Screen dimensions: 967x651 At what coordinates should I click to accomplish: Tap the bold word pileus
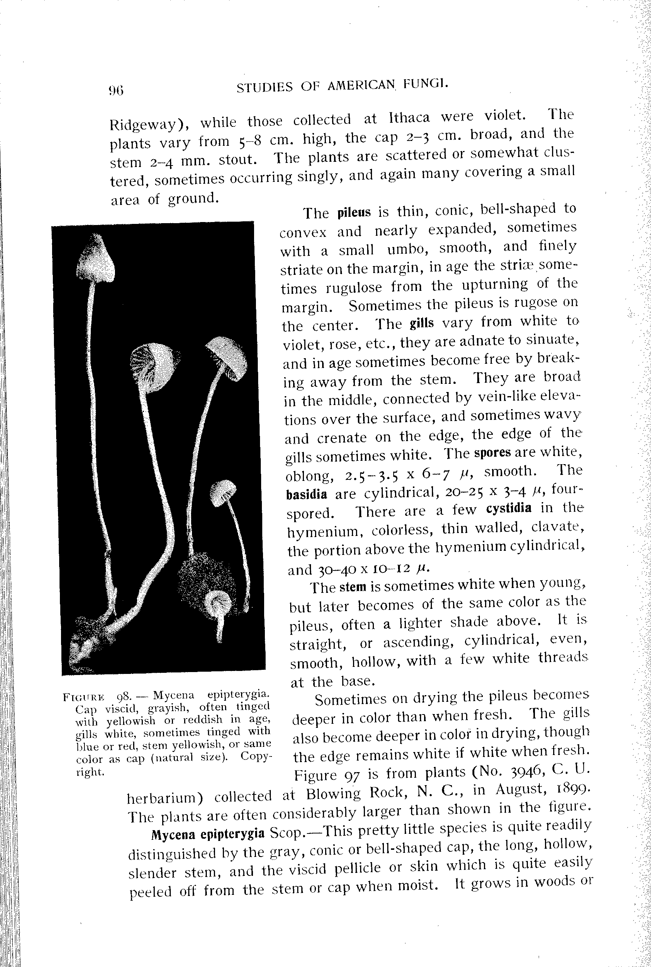pyautogui.click(x=354, y=212)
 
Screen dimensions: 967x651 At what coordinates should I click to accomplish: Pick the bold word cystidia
pyautogui.click(x=509, y=508)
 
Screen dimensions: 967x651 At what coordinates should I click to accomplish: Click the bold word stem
pyautogui.click(x=353, y=587)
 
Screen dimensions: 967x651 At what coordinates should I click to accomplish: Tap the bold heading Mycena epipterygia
pyautogui.click(x=208, y=834)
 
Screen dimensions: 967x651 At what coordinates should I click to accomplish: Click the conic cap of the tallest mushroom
pyautogui.click(x=96, y=257)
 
